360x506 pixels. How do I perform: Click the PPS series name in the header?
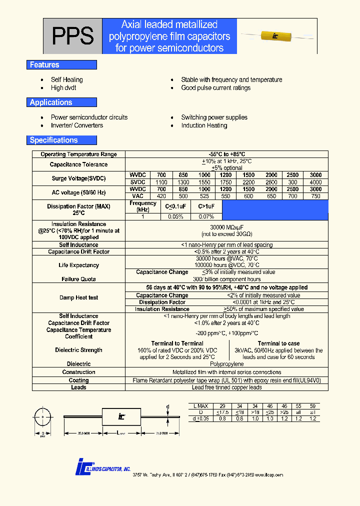[72, 36]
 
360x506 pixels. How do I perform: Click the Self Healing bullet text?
[66, 79]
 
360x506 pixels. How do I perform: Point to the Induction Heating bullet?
[204, 125]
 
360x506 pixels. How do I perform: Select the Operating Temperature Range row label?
[78, 154]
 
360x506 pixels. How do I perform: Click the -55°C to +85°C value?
[226, 154]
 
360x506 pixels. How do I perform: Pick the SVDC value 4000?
[315, 182]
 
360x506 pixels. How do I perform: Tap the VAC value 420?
[161, 197]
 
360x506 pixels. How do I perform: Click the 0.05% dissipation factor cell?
[174, 216]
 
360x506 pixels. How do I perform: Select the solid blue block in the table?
[275, 210]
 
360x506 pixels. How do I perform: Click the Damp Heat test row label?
[78, 298]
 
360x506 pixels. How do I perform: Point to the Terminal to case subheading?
[278, 343]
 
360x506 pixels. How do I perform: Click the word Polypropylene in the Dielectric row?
[226, 364]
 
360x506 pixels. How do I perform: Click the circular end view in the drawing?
[43, 416]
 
